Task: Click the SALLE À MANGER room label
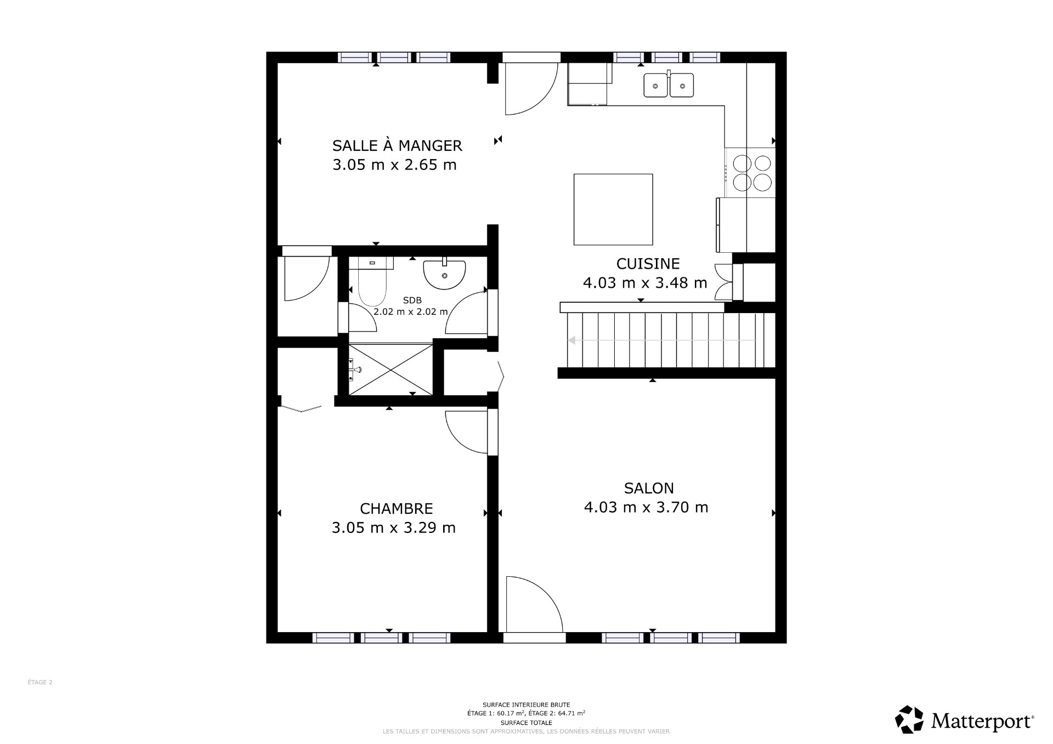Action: point(397,146)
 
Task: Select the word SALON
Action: point(649,488)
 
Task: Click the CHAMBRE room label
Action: point(396,509)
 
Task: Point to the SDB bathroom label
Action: point(412,300)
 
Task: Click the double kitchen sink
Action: point(669,86)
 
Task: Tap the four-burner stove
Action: point(750,173)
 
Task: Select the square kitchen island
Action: point(613,209)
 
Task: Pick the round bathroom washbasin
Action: point(444,274)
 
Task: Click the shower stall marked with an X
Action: point(390,369)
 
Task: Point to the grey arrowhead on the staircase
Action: point(571,340)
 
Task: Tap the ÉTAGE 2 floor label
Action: point(40,683)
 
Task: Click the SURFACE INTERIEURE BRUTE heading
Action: point(526,705)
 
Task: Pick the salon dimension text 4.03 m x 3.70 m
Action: point(646,508)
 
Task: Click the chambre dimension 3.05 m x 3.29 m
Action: point(393,528)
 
